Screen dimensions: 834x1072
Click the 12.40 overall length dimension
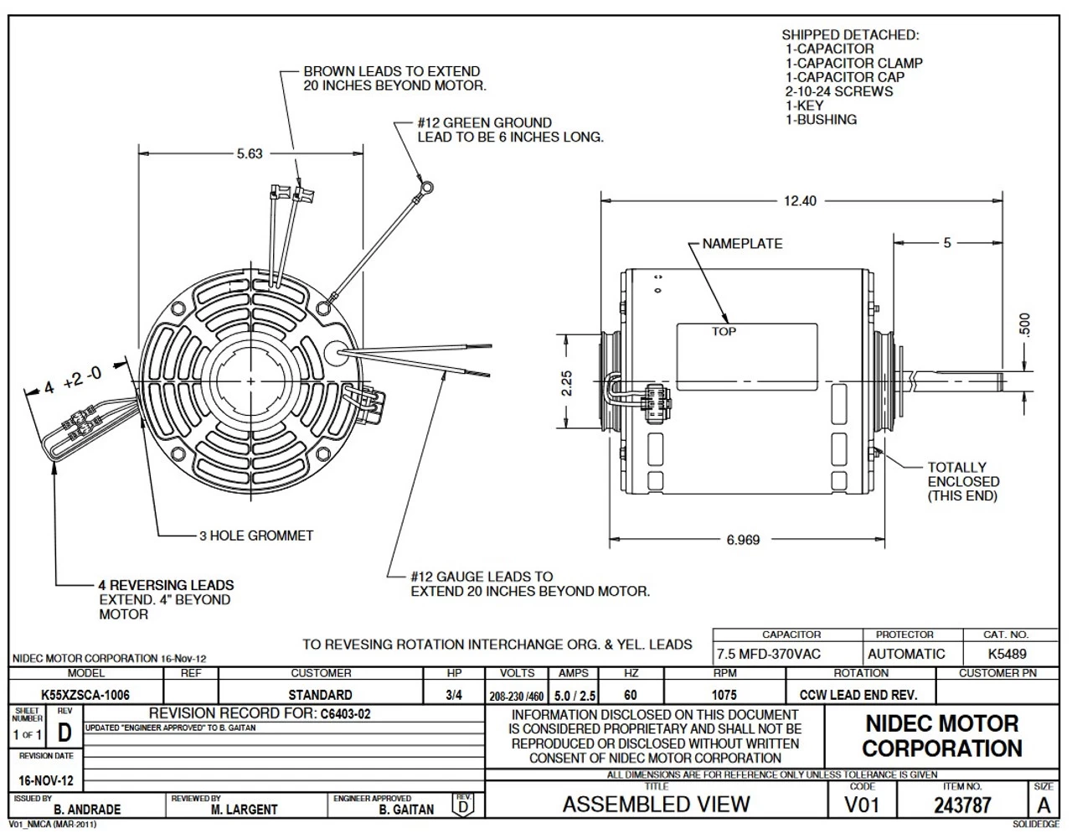[x=799, y=201]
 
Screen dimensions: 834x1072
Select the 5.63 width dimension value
[x=250, y=153]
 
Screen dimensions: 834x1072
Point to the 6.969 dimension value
[x=743, y=540]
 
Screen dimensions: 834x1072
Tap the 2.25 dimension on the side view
[x=567, y=383]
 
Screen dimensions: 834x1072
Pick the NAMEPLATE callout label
[x=742, y=244]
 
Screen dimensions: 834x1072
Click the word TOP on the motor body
[x=724, y=332]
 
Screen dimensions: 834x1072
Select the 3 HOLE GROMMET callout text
[x=256, y=536]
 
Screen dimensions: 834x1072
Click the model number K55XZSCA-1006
[x=85, y=695]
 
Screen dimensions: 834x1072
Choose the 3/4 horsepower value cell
[x=454, y=695]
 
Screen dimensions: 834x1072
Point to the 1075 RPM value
[x=724, y=695]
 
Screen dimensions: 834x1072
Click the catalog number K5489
[x=1006, y=654]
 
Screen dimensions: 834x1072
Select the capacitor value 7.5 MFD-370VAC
[x=769, y=654]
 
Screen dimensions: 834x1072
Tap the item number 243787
[x=962, y=806]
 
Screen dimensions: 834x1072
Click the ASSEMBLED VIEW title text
[x=656, y=805]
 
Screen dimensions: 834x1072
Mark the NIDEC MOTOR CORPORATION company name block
[x=941, y=736]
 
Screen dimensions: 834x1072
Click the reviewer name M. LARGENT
[x=244, y=810]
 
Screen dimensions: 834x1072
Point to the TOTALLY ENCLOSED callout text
[x=963, y=482]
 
